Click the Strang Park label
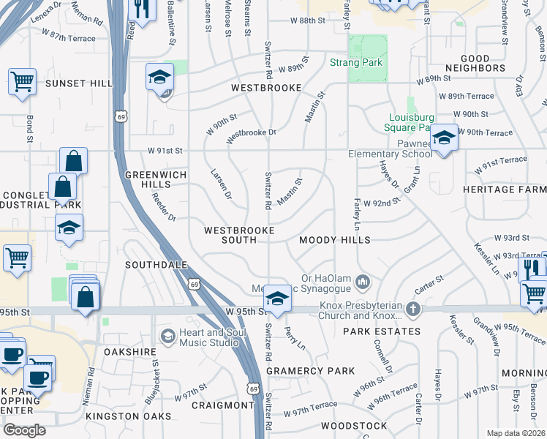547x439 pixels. coord(356,63)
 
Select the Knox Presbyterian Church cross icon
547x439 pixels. coord(413,309)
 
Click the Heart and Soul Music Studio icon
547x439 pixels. coord(167,336)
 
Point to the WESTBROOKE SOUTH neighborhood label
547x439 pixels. coord(239,235)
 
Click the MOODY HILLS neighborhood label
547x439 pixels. coord(335,240)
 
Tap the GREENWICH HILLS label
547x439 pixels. coord(156,180)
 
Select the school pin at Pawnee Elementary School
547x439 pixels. coord(443,138)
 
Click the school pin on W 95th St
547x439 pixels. coord(276,298)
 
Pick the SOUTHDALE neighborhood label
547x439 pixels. coord(156,264)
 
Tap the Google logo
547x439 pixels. coord(24,429)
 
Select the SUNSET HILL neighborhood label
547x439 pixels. coord(80,83)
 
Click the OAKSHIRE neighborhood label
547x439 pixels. coord(130,352)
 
